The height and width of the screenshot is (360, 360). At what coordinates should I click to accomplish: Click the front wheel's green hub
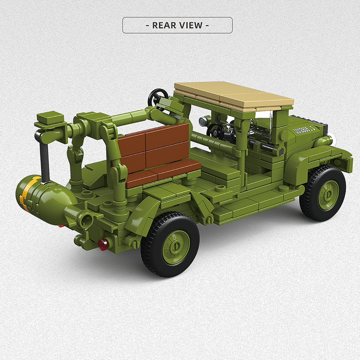pos(328,194)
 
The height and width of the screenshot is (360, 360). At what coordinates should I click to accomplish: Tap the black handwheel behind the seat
pos(158,96)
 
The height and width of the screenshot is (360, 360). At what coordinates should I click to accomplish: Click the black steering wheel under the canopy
pos(216,131)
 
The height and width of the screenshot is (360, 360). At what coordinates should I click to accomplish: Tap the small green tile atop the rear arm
pos(47,118)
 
